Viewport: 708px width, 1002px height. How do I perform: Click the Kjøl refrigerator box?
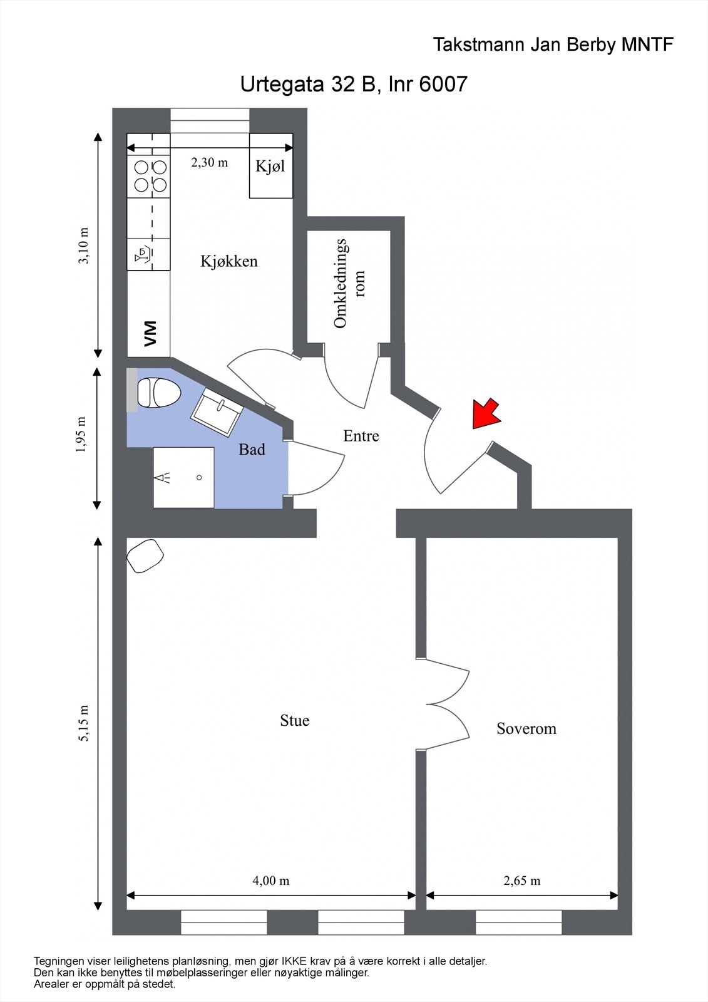[270, 166]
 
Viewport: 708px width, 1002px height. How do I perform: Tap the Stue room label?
[294, 721]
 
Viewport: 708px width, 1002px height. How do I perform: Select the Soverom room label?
[526, 728]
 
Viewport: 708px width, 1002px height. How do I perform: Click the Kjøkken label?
[229, 261]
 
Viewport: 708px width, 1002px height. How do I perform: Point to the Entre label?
[361, 436]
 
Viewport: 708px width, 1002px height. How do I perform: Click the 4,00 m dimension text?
[270, 881]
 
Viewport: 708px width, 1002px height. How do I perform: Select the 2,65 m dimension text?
[521, 881]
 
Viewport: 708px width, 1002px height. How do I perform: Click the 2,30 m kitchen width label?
[209, 162]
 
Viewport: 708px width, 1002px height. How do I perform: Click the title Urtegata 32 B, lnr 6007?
[354, 84]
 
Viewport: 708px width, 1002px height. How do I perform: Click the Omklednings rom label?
[349, 283]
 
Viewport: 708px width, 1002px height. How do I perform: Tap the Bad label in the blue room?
[252, 450]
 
